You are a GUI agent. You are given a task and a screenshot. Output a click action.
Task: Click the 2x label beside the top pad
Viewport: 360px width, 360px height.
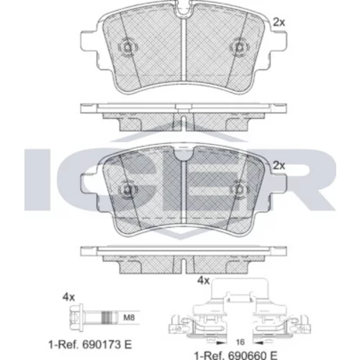(279, 22)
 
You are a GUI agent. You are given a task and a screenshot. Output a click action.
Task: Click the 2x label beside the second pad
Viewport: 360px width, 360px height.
(279, 166)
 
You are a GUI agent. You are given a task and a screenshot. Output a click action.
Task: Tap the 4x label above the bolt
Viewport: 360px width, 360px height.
(68, 297)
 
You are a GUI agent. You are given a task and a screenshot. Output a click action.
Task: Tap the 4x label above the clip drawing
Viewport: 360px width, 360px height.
(203, 280)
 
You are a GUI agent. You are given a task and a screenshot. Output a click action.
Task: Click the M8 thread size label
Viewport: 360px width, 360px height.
(129, 318)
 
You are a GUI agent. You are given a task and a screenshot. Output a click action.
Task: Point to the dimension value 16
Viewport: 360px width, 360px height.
(240, 342)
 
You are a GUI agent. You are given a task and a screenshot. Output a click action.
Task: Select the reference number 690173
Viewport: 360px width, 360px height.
(102, 345)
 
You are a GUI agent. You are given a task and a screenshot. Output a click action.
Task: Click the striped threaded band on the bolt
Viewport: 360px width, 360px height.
(108, 318)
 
